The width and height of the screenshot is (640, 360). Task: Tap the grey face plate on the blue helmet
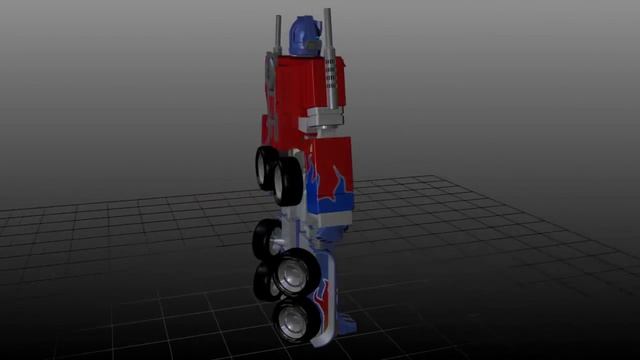point(311,44)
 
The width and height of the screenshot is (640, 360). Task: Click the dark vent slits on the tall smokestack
point(330,75)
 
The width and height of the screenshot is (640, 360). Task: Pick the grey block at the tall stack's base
point(323,119)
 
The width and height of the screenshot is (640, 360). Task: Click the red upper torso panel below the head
point(300,85)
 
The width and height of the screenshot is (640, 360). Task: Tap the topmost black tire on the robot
point(266,161)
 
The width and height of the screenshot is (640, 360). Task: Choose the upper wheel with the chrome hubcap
point(297,272)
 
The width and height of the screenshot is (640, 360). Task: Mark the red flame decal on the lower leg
point(325,296)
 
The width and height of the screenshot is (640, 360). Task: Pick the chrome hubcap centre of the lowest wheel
point(291,321)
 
